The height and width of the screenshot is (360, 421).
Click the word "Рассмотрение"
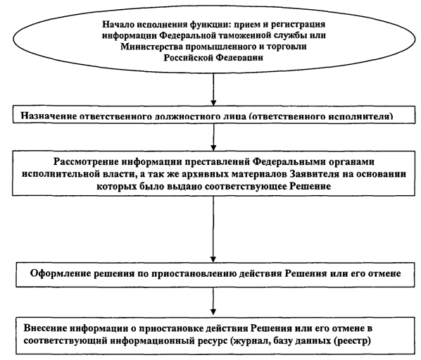pos(86,162)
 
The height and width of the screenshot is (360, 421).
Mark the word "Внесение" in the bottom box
pos(45,328)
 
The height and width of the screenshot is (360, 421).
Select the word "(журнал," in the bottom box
pos(249,341)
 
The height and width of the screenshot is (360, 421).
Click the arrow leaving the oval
pos(213,89)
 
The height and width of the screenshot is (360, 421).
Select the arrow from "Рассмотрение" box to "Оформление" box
pos(213,229)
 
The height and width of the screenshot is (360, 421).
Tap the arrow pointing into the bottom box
pos(213,301)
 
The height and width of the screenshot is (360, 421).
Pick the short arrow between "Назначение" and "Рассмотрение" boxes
pos(213,137)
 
